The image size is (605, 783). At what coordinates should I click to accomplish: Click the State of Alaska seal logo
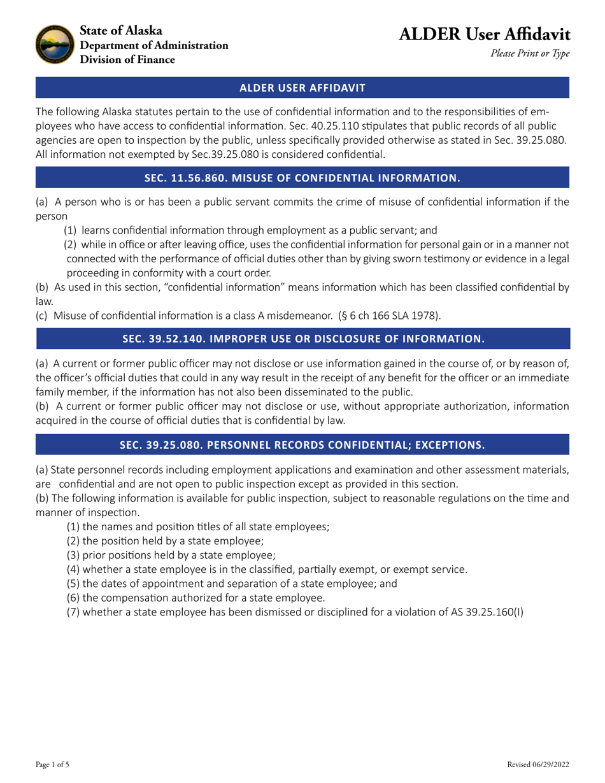coord(54,45)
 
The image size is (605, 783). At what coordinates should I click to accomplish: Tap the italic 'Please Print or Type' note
coord(529,54)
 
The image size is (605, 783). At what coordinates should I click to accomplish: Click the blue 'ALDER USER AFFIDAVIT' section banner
coord(302,87)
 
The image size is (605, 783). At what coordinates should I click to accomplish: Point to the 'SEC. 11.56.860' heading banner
coord(302,178)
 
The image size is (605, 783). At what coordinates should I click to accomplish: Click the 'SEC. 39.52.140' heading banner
coord(302,339)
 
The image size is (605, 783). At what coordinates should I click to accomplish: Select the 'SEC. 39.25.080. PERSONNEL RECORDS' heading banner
coord(302,444)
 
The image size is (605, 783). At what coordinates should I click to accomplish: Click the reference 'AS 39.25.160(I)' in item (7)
coord(486,612)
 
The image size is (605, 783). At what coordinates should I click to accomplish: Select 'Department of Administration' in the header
coord(153,45)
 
